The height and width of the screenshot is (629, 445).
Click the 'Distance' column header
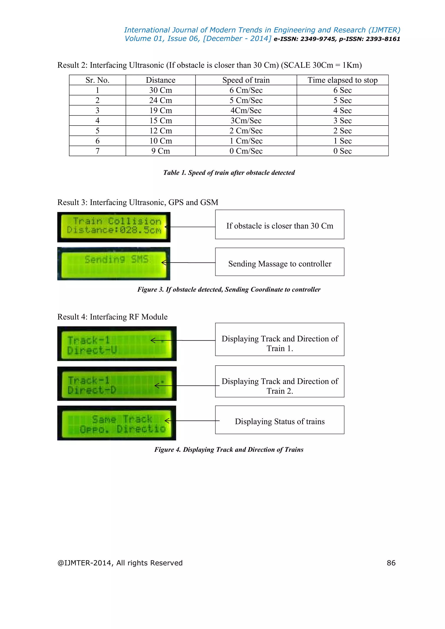point(161,80)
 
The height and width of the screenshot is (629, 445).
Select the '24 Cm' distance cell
point(161,100)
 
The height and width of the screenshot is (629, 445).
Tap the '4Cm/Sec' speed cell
point(246,110)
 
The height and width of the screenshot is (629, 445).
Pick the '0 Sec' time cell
point(342,151)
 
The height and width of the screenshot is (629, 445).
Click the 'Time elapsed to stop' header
point(342,80)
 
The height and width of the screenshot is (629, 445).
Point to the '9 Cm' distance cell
point(161,151)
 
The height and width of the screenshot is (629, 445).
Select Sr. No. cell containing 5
point(97,131)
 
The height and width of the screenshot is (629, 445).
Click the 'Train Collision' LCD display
point(114,227)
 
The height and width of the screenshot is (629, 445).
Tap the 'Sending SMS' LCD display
point(114,263)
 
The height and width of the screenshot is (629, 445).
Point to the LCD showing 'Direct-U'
point(117,344)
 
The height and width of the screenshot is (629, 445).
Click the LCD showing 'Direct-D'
point(117,384)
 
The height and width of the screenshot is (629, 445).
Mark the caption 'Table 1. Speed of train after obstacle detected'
point(229,173)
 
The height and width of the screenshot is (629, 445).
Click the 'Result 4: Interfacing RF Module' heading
point(112,317)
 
